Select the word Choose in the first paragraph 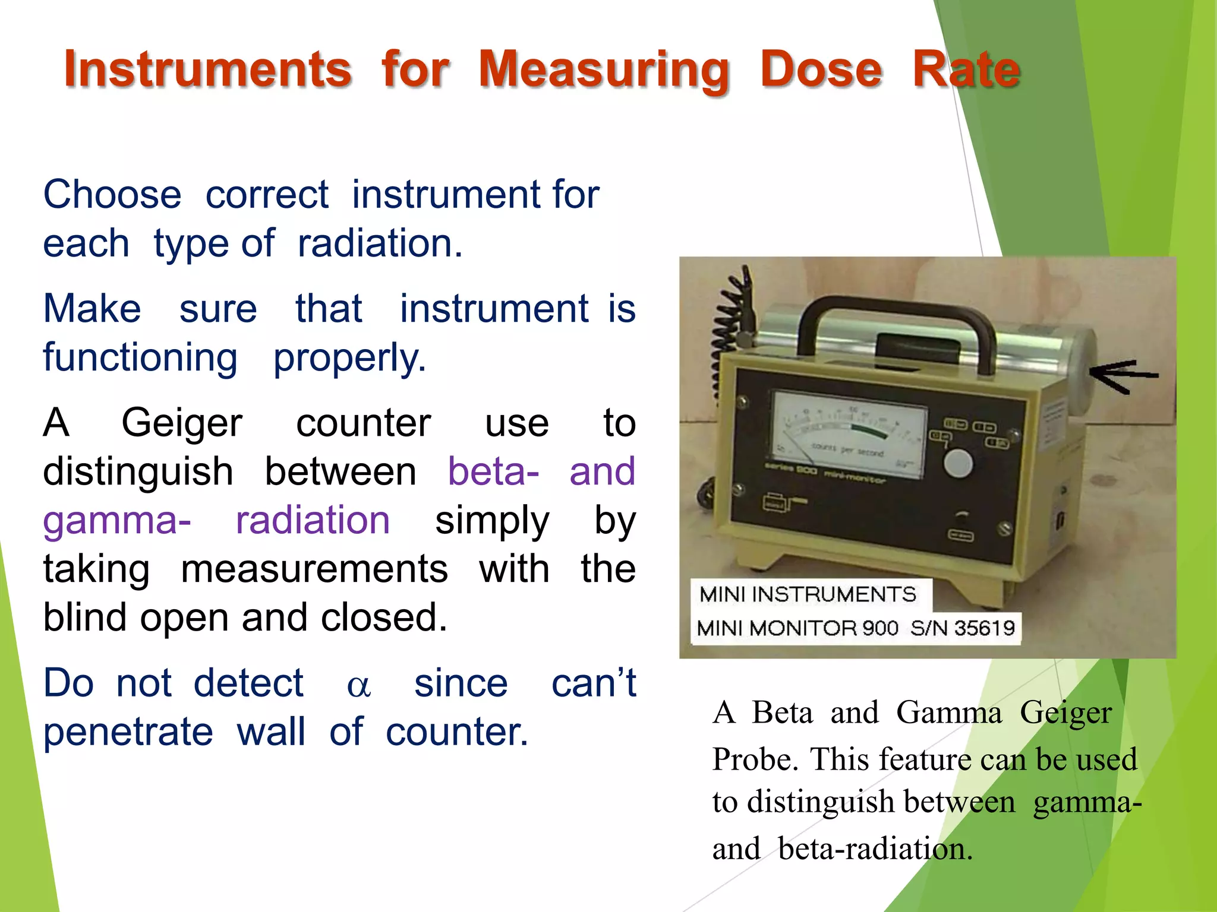[112, 195]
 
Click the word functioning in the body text [140, 358]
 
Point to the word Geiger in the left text [182, 424]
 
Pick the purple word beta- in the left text [493, 472]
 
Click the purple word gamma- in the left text [117, 521]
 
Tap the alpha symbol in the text [359, 686]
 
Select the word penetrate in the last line [128, 731]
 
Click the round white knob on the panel [958, 463]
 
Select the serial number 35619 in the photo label [984, 628]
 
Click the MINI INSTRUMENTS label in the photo [808, 594]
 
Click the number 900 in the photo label [880, 628]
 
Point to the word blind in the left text [89, 618]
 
